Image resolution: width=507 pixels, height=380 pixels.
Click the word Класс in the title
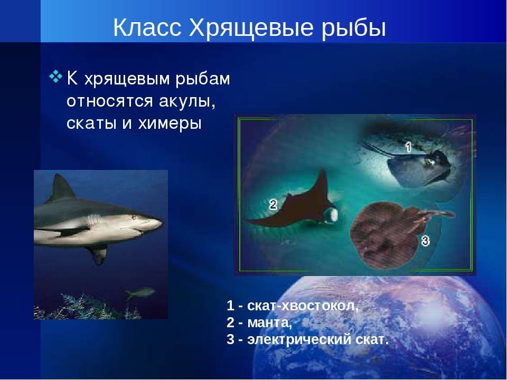click(x=147, y=27)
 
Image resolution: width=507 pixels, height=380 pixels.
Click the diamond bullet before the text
click(x=55, y=77)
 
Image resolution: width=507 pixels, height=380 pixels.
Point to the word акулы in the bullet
click(x=187, y=101)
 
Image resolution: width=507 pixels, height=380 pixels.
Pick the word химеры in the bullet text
click(x=170, y=123)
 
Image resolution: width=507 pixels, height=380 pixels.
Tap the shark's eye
click(x=134, y=217)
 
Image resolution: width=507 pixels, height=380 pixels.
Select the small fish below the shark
click(x=139, y=293)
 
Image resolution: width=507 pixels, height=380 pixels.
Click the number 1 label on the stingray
click(x=408, y=147)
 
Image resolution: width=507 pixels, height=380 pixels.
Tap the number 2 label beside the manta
click(x=273, y=204)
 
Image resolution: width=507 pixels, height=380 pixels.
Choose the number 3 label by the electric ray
click(x=425, y=241)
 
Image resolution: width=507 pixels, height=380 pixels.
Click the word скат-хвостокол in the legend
click(x=303, y=306)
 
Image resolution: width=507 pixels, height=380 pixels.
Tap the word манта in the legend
click(x=270, y=322)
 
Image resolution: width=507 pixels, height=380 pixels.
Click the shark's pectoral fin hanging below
click(x=98, y=253)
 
